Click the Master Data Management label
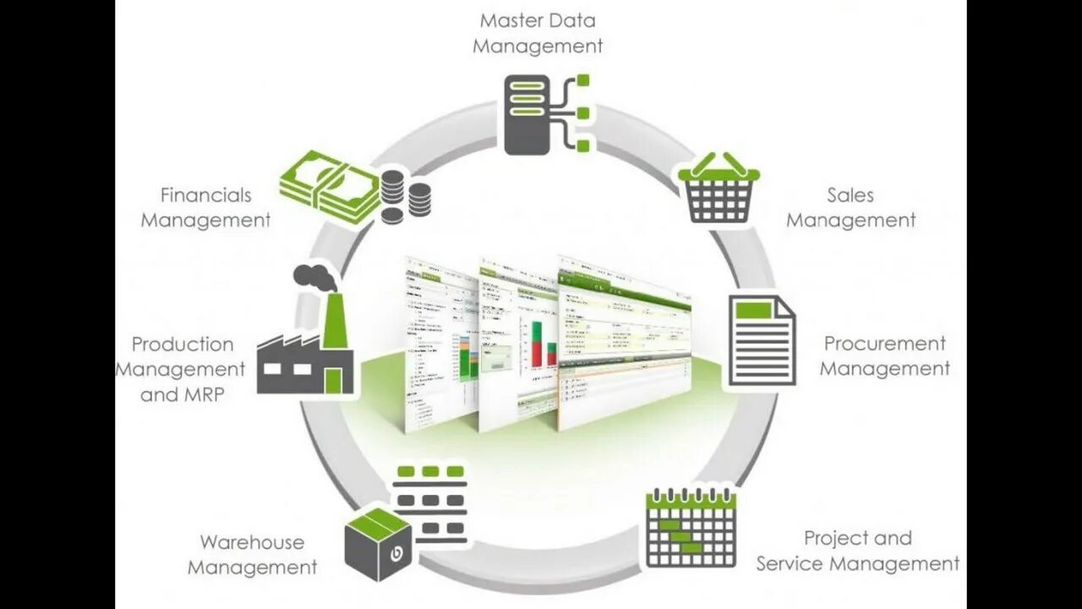538,32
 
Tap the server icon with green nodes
545,114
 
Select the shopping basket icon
719,189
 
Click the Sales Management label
851,207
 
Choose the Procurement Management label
885,356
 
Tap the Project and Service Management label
857,551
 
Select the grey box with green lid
378,544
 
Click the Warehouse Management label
252,554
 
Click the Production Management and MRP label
181,369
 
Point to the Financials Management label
205,207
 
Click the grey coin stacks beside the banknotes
405,195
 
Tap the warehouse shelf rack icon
430,503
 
